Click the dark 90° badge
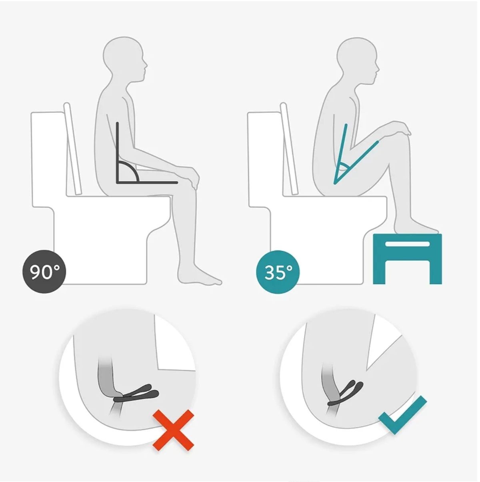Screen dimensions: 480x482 44,272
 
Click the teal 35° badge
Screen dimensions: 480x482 278,272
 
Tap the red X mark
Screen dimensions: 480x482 173,430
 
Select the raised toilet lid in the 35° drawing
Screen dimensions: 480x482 289,148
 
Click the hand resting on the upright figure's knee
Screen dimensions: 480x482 192,177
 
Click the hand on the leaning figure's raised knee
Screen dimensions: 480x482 400,128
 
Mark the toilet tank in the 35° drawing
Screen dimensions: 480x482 266,158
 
